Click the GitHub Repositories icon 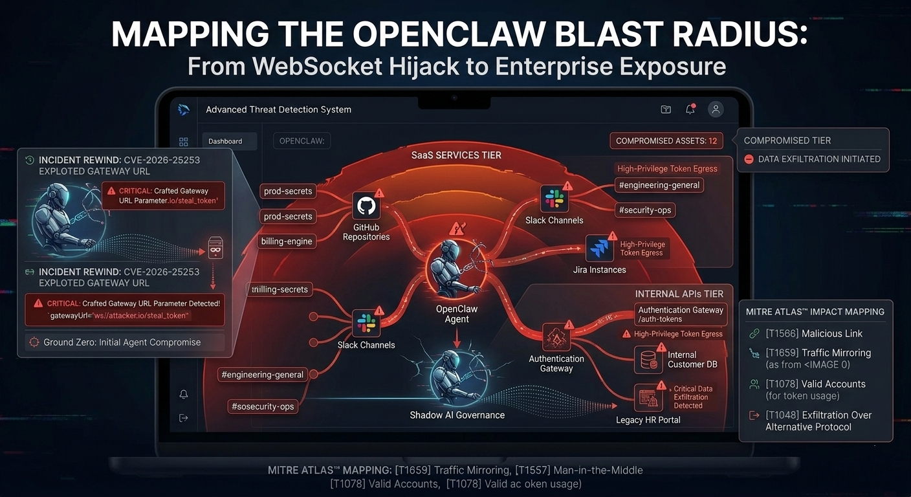tap(366, 206)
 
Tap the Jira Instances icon tap(599, 248)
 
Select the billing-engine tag tap(287, 241)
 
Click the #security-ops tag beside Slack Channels tap(645, 210)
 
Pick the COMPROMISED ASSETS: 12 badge tap(666, 140)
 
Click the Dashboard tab tap(226, 141)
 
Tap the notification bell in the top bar tap(690, 109)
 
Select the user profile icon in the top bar tap(716, 109)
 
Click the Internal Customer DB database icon tap(648, 360)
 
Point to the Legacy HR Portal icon tap(648, 398)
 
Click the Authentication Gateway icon tap(556, 337)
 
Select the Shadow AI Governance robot tap(455, 378)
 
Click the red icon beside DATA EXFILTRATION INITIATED tap(749, 159)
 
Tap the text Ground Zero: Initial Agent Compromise tap(122, 342)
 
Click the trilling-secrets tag tap(280, 289)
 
